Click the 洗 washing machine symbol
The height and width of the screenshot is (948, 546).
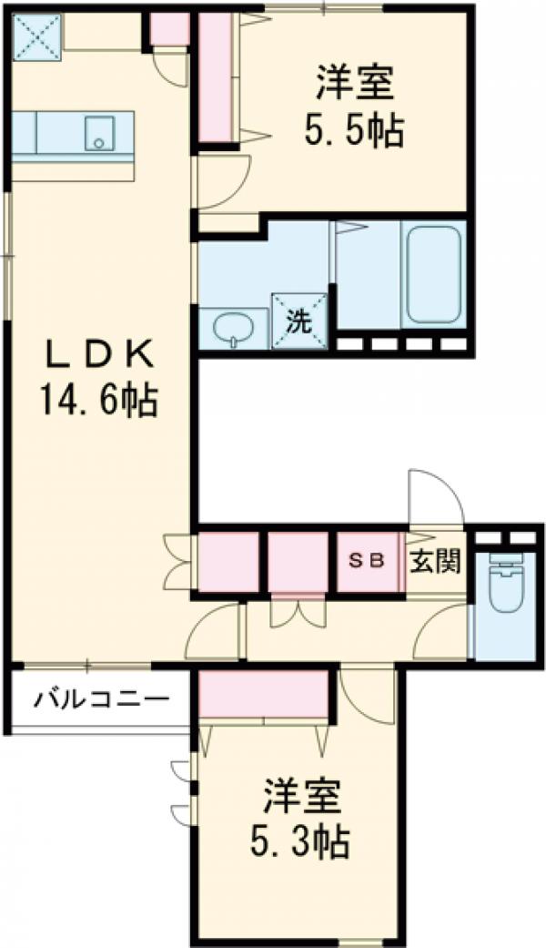[x=298, y=321]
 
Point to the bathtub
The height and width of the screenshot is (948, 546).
[x=433, y=273]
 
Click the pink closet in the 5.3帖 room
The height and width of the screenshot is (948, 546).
[x=264, y=694]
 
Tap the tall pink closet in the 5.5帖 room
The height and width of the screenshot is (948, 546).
[x=216, y=76]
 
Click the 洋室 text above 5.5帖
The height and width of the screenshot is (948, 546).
[x=355, y=85]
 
